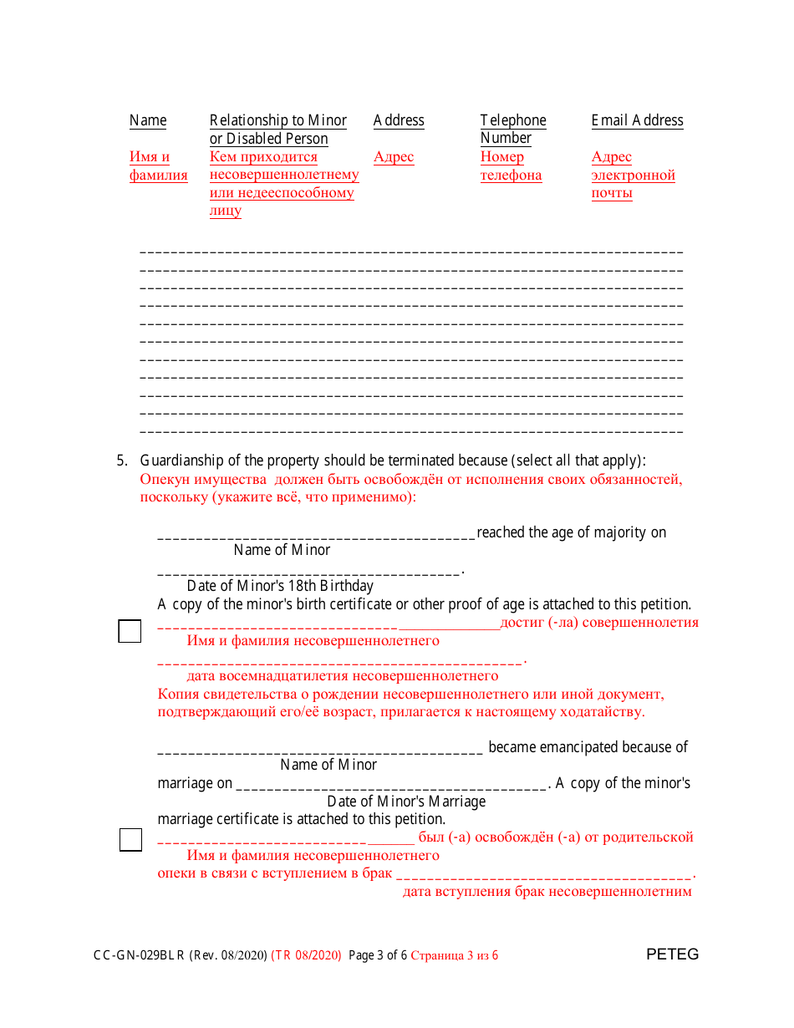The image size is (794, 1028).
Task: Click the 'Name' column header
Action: [x=148, y=120]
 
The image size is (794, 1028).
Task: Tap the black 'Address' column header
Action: [x=399, y=120]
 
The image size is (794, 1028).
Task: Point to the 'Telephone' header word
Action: [x=513, y=120]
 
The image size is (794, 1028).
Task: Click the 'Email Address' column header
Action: [x=637, y=120]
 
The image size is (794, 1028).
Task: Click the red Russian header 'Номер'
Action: [x=502, y=157]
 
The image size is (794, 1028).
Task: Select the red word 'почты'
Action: [x=612, y=193]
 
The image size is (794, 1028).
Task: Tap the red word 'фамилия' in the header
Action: [x=159, y=176]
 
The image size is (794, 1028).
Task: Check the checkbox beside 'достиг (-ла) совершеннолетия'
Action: [x=130, y=631]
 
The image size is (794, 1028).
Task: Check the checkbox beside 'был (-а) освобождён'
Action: [x=130, y=839]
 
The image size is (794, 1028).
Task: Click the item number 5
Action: [x=121, y=461]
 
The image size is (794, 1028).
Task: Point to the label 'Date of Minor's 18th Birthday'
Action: [x=280, y=586]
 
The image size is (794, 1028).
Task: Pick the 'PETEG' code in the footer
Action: [x=672, y=954]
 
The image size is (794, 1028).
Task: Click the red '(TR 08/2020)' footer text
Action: [x=307, y=955]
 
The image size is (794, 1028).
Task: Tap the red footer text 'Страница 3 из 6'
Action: [x=455, y=955]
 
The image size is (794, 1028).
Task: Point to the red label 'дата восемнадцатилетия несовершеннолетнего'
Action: [x=343, y=675]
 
